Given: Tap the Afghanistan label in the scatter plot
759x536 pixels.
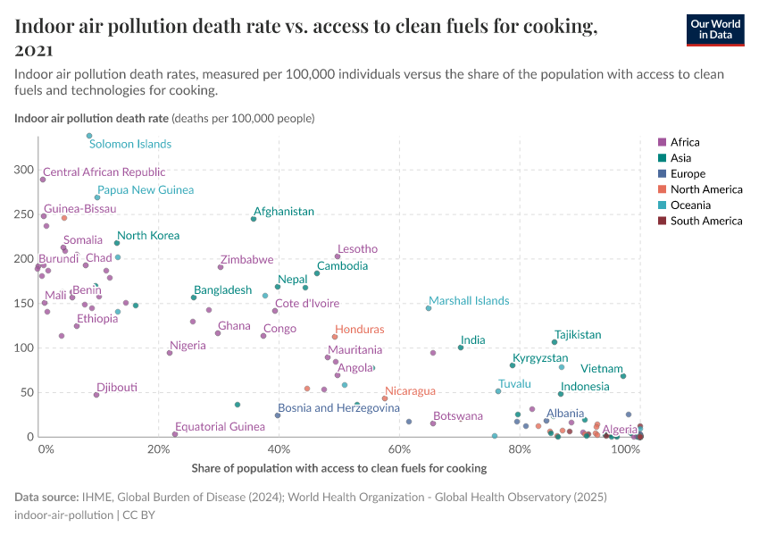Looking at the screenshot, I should (x=284, y=212).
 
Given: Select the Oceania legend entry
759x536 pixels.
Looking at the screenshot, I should (x=693, y=205).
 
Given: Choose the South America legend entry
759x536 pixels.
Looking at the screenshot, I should (x=705, y=221).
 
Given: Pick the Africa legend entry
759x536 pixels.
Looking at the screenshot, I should (x=685, y=142).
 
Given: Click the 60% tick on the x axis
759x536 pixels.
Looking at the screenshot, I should (x=400, y=449).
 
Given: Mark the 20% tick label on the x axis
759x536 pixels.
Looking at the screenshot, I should (x=158, y=449).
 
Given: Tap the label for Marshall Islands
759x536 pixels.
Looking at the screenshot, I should (x=469, y=301).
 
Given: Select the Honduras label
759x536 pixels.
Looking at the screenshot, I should (x=360, y=330).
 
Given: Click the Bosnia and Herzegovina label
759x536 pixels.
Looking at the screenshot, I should (x=338, y=408).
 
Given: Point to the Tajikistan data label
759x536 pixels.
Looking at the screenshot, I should (x=578, y=335).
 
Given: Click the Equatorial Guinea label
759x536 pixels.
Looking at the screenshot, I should (x=220, y=427).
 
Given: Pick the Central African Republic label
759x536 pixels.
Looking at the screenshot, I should (x=104, y=172).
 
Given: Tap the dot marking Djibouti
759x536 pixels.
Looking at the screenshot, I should (x=96, y=395).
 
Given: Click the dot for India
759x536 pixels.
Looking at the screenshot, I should (x=461, y=348).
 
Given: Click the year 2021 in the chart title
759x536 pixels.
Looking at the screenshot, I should (x=34, y=50).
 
